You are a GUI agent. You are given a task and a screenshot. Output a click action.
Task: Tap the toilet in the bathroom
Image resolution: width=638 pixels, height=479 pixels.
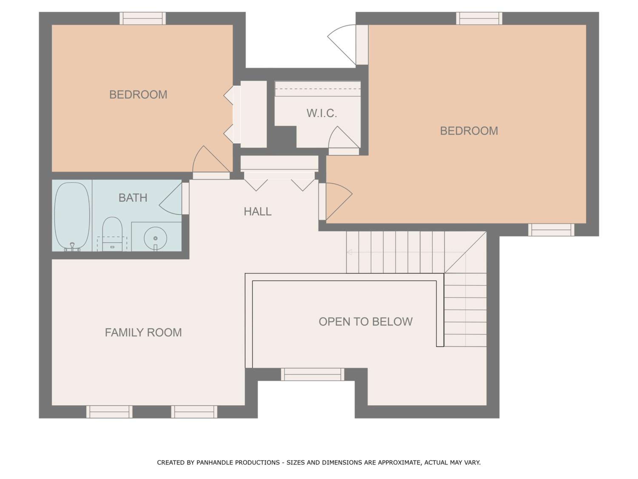(x=112, y=234)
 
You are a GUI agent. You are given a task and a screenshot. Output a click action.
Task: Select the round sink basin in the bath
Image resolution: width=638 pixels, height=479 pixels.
(x=155, y=238)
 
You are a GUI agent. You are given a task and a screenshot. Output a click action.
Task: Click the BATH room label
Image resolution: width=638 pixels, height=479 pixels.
(x=133, y=198)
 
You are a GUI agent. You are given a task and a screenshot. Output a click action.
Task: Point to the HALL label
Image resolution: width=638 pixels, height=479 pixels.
(x=258, y=212)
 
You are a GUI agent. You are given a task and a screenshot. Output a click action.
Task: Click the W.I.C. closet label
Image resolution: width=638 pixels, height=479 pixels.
(x=322, y=113)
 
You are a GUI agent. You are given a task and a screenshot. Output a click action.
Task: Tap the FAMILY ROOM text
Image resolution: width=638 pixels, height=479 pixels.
(x=143, y=332)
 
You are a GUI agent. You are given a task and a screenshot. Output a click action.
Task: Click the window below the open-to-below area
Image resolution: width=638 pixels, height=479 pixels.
(x=313, y=374)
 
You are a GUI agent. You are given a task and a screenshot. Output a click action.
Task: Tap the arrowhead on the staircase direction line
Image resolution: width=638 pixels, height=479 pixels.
(x=349, y=252)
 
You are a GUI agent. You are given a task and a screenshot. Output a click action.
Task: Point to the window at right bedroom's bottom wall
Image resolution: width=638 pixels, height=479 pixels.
(x=551, y=230)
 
